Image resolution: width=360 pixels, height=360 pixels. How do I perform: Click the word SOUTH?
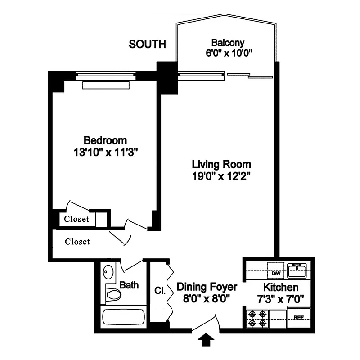(147, 45)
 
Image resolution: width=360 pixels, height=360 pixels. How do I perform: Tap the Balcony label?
(228, 43)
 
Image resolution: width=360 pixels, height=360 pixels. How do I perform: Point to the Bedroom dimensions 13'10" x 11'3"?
(105, 152)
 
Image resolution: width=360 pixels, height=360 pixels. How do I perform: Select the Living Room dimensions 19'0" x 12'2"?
(221, 176)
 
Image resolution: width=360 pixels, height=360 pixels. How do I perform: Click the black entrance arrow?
(206, 341)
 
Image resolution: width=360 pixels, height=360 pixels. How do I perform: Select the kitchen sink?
(297, 270)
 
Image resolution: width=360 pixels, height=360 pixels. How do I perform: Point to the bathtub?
(124, 317)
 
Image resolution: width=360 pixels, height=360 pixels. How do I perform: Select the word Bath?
(129, 285)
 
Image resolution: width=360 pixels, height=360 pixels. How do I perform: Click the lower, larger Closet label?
(77, 242)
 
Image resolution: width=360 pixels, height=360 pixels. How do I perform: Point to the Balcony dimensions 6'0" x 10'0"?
(228, 53)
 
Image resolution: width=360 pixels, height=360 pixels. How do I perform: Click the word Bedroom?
(105, 140)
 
